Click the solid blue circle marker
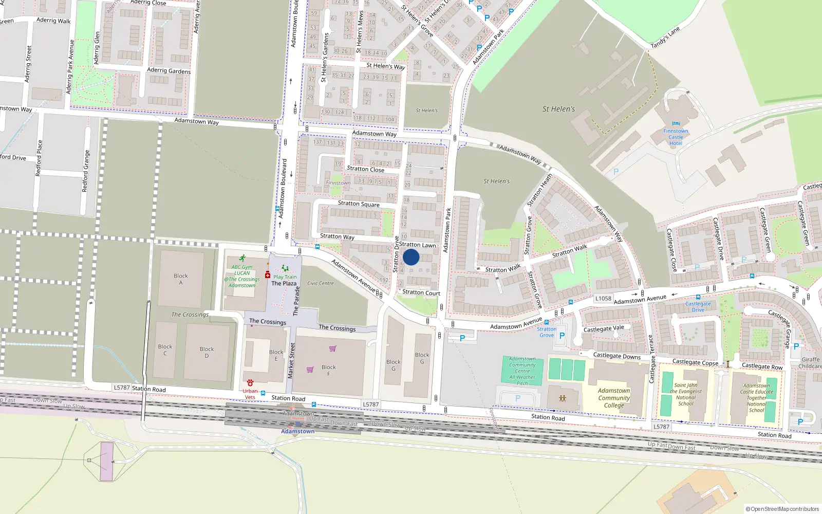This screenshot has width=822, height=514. (411, 257)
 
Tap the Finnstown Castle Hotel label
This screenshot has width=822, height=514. (676, 137)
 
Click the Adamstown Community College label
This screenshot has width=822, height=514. (613, 398)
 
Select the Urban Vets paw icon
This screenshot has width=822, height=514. (250, 383)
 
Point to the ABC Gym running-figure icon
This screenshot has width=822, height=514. (242, 259)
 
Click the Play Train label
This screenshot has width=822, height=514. (285, 277)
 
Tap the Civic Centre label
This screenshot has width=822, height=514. (320, 283)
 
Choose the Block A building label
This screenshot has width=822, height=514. (180, 279)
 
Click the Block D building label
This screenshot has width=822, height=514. (207, 352)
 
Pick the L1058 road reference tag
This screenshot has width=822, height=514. (603, 299)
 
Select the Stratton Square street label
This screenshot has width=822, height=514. (359, 204)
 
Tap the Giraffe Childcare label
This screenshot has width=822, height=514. (810, 363)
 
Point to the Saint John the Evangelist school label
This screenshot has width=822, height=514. (685, 394)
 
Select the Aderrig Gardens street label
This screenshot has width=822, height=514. (169, 70)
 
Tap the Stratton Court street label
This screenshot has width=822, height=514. (421, 292)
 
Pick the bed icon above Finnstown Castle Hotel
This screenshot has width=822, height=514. (676, 124)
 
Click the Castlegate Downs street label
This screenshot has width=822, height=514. (616, 356)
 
